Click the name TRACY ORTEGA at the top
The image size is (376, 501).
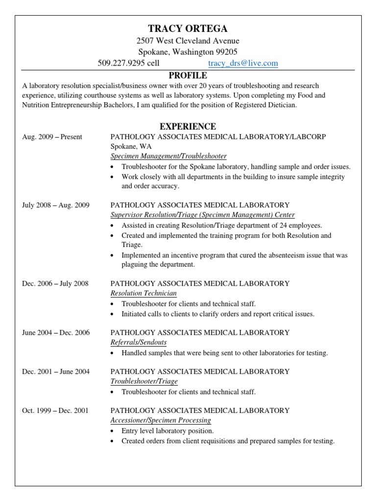[x=188, y=28]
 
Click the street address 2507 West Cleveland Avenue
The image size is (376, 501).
[x=188, y=41]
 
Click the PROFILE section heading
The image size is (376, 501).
[x=188, y=75]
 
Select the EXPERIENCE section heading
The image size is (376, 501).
[x=188, y=127]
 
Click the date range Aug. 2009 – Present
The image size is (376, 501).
[x=52, y=137]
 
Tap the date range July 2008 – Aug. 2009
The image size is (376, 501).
[x=56, y=205]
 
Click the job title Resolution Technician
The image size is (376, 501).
[x=143, y=293]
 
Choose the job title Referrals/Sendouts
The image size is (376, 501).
[x=139, y=342]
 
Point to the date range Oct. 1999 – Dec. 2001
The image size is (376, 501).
[x=55, y=410]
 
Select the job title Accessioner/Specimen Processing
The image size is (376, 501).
[x=161, y=420]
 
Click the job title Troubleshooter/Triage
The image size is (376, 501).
[x=144, y=381]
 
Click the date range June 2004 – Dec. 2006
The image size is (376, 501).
[x=56, y=332]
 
